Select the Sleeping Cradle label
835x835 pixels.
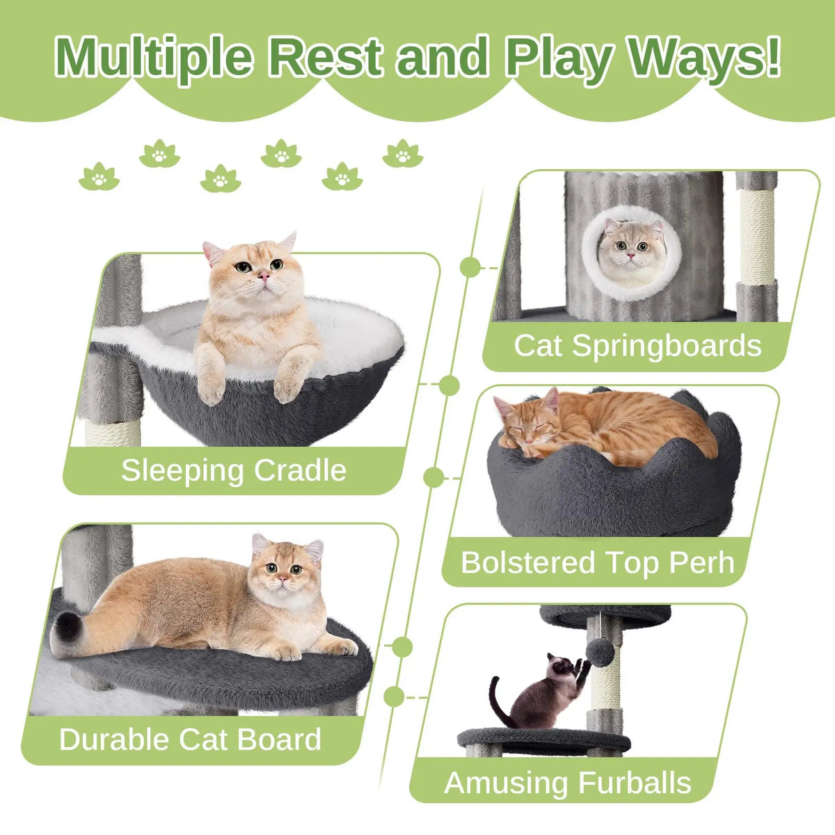click(234, 470)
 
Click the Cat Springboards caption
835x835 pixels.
click(637, 346)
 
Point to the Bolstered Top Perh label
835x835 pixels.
click(597, 562)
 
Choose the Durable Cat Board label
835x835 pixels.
click(190, 739)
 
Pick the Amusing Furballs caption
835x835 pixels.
click(567, 783)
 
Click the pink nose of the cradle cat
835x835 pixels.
click(264, 277)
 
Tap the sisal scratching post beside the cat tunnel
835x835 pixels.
click(757, 237)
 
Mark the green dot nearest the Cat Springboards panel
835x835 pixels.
click(470, 267)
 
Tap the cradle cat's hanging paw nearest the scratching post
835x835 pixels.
click(210, 386)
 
